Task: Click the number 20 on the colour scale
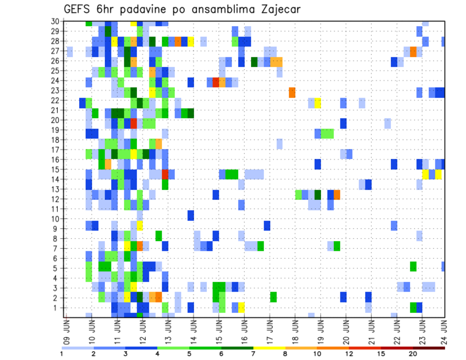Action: click(414, 354)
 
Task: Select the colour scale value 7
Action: click(253, 354)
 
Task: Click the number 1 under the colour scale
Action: click(62, 354)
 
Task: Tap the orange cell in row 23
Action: click(292, 92)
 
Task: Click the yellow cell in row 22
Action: click(317, 102)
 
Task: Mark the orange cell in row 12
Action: click(336, 195)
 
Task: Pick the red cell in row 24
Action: click(216, 82)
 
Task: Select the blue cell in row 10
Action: click(191, 215)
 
